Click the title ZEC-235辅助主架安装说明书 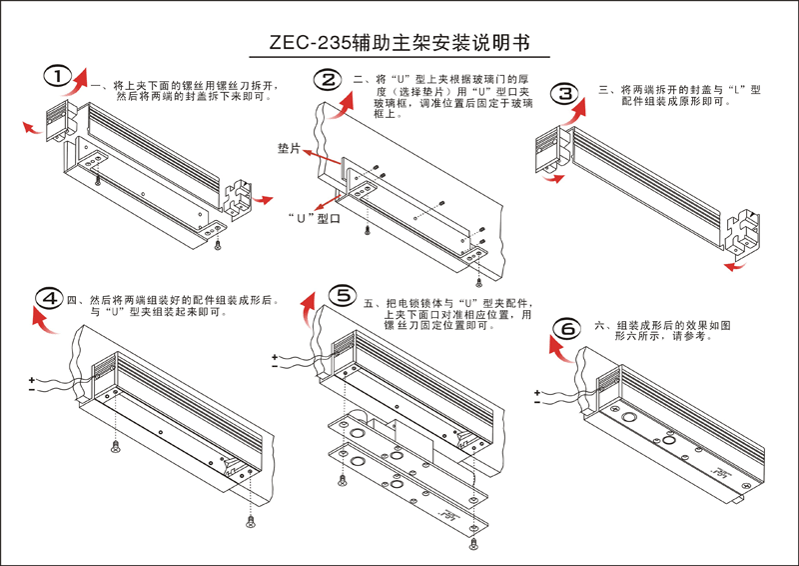point(399,45)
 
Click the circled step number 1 point(59,77)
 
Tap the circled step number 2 point(327,79)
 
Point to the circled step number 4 point(48,298)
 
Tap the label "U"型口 point(309,219)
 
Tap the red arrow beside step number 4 point(40,318)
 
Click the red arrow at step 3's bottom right point(734,267)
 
